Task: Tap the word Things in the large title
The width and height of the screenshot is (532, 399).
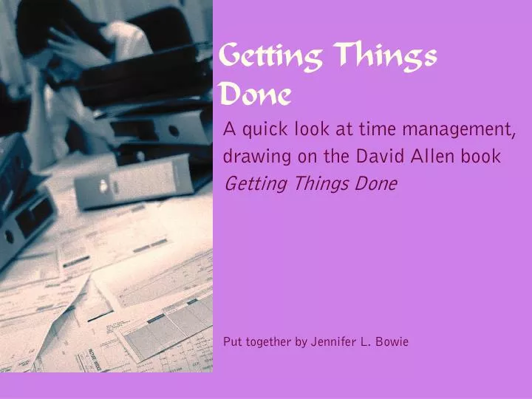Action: (x=385, y=56)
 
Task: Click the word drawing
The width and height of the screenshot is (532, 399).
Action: (x=253, y=157)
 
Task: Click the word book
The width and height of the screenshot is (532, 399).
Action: (x=484, y=157)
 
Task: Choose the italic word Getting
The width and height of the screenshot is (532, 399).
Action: (x=253, y=184)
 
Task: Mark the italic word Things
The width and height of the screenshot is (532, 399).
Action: (x=318, y=183)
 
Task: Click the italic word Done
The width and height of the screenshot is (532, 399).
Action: (x=375, y=183)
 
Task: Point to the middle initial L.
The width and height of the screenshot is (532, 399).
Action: (x=367, y=341)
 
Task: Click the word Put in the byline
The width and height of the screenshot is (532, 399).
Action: (x=232, y=341)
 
